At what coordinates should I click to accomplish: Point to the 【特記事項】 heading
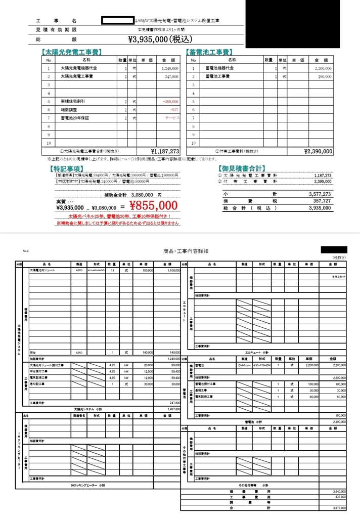tap(66, 168)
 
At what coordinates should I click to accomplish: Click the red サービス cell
tap(171, 117)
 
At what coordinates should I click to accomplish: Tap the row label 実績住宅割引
tap(73, 101)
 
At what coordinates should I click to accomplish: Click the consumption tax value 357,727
tap(320, 200)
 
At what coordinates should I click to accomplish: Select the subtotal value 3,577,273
tap(319, 194)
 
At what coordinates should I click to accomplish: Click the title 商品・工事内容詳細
tap(187, 251)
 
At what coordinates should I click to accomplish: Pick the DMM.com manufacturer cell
tap(244, 365)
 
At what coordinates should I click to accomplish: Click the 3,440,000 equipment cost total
tap(339, 491)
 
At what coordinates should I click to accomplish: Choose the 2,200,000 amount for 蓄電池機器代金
tap(322, 68)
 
